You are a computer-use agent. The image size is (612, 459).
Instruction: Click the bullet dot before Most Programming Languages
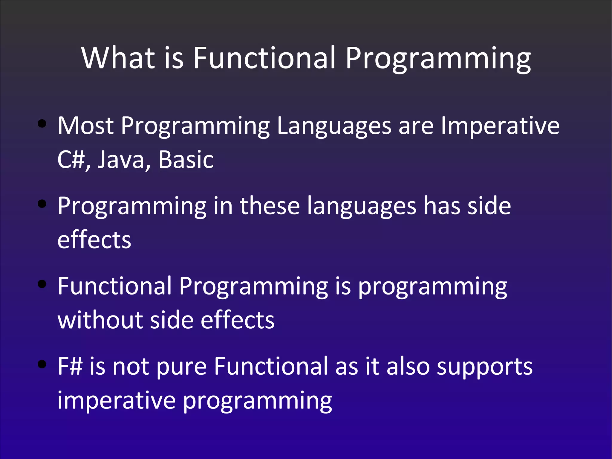42,123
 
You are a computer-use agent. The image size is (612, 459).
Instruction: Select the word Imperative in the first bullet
500,126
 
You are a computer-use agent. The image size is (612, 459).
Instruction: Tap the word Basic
186,160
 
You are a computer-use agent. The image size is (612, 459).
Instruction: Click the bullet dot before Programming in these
42,204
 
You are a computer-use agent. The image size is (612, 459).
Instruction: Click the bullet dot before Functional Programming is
42,284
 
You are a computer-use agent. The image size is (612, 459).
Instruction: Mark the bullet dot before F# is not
42,364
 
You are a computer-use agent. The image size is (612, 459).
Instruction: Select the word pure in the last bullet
181,367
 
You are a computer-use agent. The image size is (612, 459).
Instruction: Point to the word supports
484,367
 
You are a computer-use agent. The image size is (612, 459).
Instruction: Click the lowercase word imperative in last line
116,401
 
